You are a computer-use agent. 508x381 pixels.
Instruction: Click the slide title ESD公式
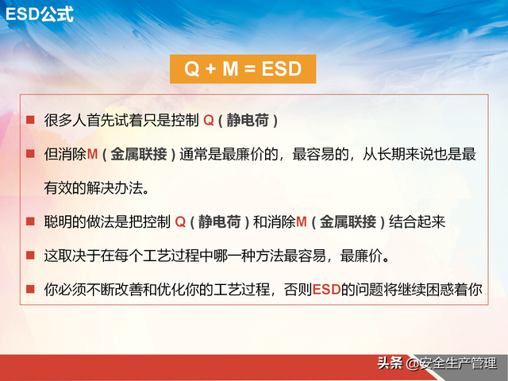tap(40, 13)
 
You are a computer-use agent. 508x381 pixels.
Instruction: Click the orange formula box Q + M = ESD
tap(243, 69)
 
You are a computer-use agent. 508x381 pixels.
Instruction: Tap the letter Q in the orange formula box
tap(192, 69)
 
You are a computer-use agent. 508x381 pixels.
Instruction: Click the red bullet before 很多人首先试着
tap(30, 120)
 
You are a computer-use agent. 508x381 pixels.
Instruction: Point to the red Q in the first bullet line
tap(209, 121)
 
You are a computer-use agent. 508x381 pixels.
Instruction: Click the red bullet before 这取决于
tap(30, 256)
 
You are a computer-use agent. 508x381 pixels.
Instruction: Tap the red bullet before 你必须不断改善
tap(30, 290)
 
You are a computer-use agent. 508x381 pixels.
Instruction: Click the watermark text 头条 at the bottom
tap(390, 364)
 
